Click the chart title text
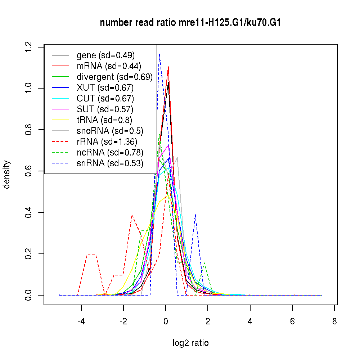coord(190,23)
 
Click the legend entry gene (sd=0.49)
coord(105,55)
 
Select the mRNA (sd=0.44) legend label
coord(109,66)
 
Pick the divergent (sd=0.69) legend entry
coord(114,77)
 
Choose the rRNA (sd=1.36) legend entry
coord(107,142)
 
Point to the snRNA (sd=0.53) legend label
coord(110,163)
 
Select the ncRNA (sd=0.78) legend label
coord(110,153)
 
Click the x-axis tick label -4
coord(81,321)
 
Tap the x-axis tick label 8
coord(334,321)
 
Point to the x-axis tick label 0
coord(166,321)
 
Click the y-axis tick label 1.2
coord(29,47)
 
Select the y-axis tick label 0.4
coord(29,212)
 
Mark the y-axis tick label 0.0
coord(29,295)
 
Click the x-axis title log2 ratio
coord(190,343)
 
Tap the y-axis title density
coord(7,174)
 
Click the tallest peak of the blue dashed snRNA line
coord(159,54)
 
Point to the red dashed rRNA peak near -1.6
coord(132,215)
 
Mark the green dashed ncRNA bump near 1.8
coord(204,263)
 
